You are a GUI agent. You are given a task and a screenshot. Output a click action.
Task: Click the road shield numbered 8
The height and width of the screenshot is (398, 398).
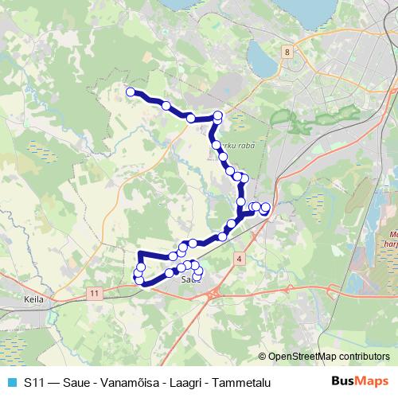286,51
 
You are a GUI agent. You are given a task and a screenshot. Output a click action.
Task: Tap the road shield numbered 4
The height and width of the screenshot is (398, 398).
238,259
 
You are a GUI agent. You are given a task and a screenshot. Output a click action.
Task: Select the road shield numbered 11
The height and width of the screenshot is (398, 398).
96,294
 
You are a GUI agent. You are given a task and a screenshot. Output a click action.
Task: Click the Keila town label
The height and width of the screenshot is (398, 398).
33,300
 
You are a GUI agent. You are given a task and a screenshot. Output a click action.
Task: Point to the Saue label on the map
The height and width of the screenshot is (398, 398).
189,279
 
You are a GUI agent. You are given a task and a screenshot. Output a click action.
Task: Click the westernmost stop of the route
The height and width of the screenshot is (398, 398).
131,92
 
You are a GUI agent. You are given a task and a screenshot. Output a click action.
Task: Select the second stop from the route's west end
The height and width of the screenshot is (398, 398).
166,106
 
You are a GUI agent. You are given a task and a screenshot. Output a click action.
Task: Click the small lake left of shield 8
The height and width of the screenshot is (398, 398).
261,56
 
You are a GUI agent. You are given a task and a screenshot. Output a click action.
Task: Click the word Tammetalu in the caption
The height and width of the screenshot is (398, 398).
240,383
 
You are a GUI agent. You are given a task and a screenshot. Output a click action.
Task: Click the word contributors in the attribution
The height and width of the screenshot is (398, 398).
365,357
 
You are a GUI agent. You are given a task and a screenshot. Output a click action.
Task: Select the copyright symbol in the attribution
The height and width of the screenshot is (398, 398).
263,357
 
